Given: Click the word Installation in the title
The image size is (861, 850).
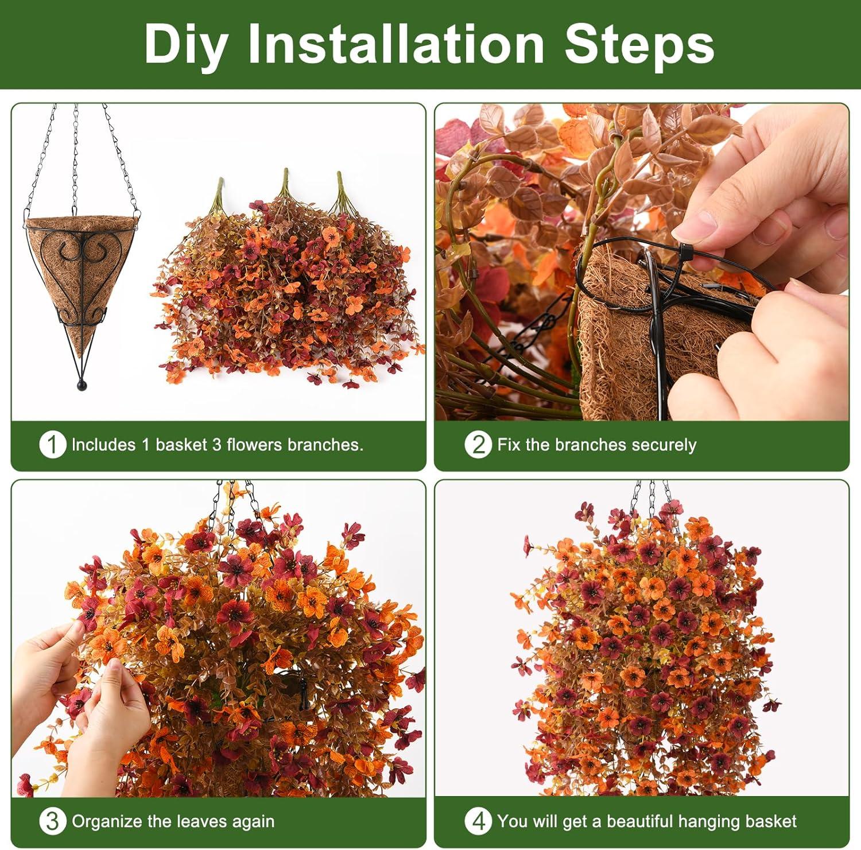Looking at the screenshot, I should pos(395,44).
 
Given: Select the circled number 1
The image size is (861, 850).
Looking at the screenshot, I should pos(52,445).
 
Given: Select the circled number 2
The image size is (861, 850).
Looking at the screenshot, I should pos(478,445).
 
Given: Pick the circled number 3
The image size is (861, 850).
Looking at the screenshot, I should pos(52,821).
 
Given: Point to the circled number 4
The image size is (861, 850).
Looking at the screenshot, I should pos(478,821).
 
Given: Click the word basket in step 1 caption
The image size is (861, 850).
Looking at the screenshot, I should pos(180,445).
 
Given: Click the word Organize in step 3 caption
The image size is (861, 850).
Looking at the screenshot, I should pos(107,821).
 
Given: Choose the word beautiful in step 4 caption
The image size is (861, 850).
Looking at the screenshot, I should pos(649,821).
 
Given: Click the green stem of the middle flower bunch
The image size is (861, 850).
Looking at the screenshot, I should pos(284,184).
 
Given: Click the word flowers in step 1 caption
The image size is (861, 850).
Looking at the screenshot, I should pos(254,445).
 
